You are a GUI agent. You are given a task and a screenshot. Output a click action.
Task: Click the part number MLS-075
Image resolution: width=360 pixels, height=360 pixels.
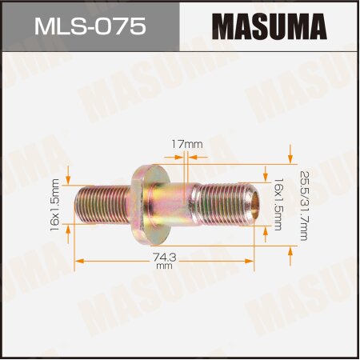[x=90, y=26]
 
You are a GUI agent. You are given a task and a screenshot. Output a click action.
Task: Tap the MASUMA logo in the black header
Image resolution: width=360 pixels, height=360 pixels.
[x=269, y=26]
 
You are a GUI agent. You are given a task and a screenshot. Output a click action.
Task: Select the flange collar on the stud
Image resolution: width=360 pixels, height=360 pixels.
[x=149, y=204]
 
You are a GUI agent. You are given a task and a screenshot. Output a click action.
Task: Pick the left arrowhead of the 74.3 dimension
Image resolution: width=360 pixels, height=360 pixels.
[x=78, y=260]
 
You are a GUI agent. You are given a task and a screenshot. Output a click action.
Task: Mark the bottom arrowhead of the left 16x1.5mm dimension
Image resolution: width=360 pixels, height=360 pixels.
[x=70, y=230]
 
